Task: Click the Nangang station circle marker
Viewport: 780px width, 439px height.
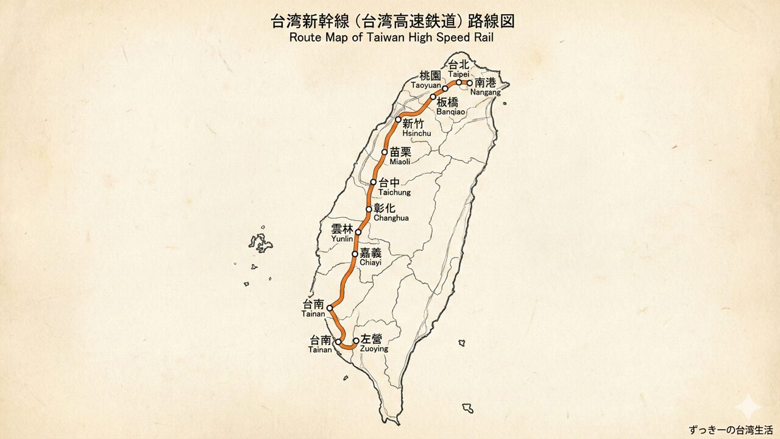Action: coord(469,83)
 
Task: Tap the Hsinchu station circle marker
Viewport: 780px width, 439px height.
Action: coord(398,120)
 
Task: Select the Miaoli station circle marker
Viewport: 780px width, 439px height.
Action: coord(385,152)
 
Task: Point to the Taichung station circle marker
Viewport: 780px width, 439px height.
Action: coord(374,182)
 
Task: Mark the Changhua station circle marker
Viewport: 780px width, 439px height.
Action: coord(369,209)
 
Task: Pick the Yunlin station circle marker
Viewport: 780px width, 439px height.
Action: coord(358,232)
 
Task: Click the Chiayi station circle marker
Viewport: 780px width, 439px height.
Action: coord(355,254)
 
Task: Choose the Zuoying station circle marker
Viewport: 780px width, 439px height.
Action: coord(356,341)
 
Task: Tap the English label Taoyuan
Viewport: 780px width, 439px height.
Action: coord(425,85)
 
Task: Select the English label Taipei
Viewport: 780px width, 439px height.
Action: coord(459,73)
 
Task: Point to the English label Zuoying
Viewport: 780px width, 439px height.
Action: coord(374,349)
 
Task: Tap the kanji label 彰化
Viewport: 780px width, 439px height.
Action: coord(385,209)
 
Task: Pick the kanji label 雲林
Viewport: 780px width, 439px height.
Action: coord(342,229)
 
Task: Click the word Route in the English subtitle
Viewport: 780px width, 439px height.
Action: coord(303,37)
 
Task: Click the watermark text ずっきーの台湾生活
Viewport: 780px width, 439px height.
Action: coord(731,429)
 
